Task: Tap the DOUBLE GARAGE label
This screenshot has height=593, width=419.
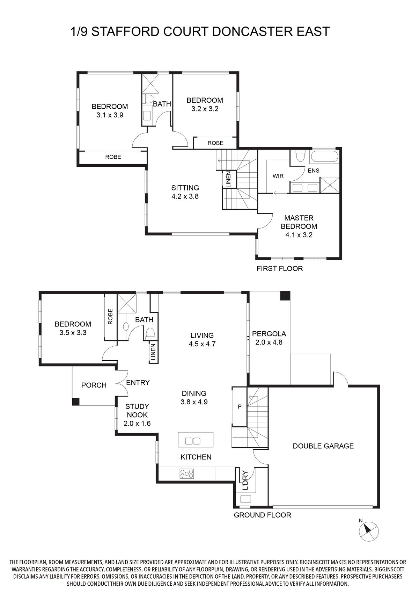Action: [x=323, y=446]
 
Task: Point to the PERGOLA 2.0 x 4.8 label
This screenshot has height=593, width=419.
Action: [x=269, y=338]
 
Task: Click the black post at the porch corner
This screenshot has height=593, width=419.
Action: [x=76, y=402]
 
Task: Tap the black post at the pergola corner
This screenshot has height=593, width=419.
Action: [x=285, y=296]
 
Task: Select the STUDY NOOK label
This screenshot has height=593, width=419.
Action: [x=137, y=411]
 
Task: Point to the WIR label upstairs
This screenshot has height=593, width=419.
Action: [x=278, y=176]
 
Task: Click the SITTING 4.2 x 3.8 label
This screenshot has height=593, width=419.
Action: [x=185, y=192]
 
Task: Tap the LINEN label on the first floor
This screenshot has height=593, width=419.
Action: [x=229, y=179]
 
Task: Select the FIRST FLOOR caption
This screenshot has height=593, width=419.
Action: [x=280, y=269]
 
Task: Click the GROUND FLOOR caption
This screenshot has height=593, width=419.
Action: [x=263, y=515]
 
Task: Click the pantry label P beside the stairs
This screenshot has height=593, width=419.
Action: [x=240, y=407]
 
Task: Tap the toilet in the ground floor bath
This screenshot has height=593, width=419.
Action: [x=150, y=333]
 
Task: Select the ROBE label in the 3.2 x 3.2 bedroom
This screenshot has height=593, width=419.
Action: [x=215, y=143]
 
